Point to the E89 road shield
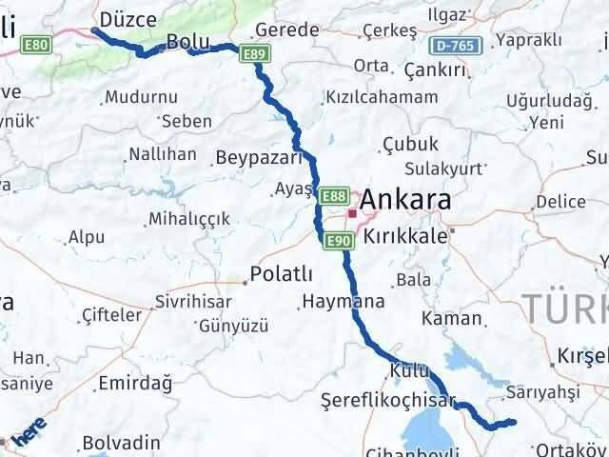click(253, 55)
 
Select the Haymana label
click(343, 302)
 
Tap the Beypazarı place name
click(258, 157)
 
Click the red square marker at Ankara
click(352, 214)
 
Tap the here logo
click(28, 434)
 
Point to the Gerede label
click(288, 30)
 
